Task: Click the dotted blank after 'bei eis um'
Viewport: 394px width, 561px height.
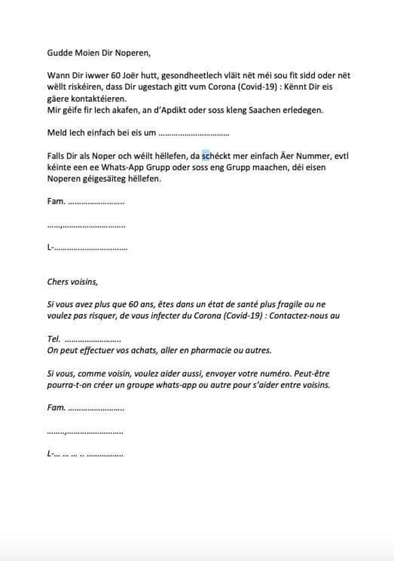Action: pos(194,133)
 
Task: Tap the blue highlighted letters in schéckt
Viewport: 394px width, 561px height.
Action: pos(205,156)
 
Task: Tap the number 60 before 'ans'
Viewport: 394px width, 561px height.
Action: pos(133,304)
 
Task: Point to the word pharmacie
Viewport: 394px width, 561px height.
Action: pos(211,350)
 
